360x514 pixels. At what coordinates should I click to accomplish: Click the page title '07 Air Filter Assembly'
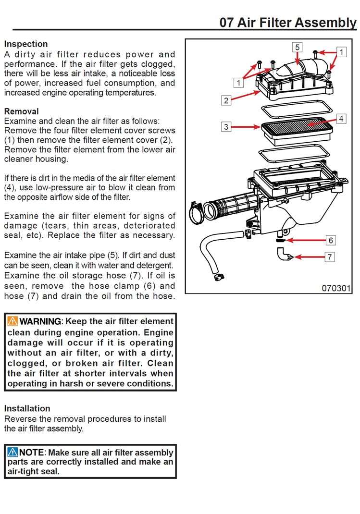pyautogui.click(x=288, y=22)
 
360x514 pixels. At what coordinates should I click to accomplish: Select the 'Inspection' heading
pyautogui.click(x=26, y=44)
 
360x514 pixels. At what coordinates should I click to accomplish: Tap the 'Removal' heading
pyautogui.click(x=22, y=111)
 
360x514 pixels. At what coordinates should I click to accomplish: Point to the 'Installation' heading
pyautogui.click(x=27, y=408)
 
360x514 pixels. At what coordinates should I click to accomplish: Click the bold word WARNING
pyautogui.click(x=40, y=321)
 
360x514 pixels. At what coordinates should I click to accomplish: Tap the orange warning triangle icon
pyautogui.click(x=12, y=321)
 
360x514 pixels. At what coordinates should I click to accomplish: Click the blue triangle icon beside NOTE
pyautogui.click(x=12, y=453)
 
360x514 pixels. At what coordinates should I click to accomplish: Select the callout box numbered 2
pyautogui.click(x=226, y=100)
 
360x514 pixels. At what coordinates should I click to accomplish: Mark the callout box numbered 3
pyautogui.click(x=226, y=127)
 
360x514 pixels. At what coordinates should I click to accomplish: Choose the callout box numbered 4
pyautogui.click(x=341, y=119)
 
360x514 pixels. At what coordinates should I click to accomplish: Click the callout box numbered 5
pyautogui.click(x=298, y=47)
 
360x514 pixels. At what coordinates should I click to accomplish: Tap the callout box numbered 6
pyautogui.click(x=331, y=240)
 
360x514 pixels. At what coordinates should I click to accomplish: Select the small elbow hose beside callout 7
pyautogui.click(x=283, y=254)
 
